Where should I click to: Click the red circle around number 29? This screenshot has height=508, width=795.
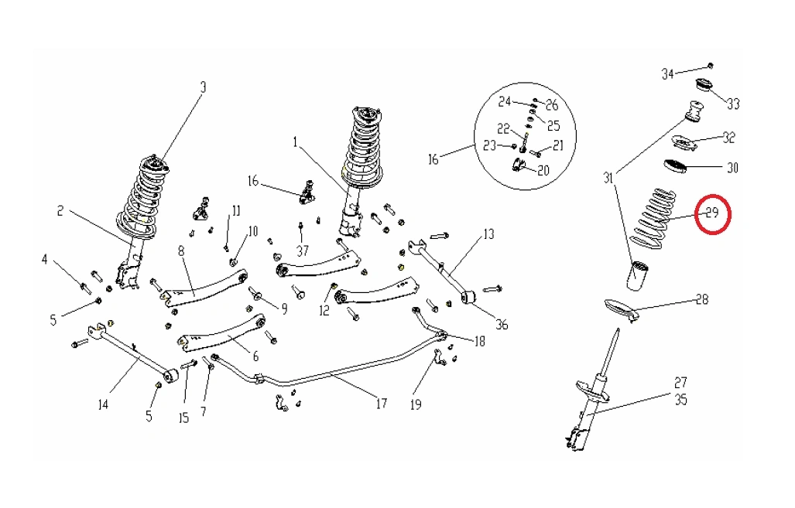pos(713,213)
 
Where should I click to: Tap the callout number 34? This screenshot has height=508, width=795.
pos(667,74)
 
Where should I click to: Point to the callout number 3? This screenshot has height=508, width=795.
pos(204,87)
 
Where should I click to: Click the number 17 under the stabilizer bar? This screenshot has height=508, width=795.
pos(381,403)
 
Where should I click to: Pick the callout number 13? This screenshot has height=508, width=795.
pos(488,234)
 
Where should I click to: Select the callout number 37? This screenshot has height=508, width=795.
pos(301,251)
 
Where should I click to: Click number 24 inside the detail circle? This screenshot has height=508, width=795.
pos(505,102)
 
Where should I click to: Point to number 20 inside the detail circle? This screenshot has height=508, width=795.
pos(543,171)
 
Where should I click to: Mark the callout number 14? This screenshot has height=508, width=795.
pos(102,404)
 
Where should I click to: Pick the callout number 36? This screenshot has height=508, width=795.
pos(502,325)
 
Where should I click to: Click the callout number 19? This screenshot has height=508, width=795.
pos(416,404)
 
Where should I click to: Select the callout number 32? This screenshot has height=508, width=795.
pos(728,138)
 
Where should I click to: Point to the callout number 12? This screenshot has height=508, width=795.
pos(324,311)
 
